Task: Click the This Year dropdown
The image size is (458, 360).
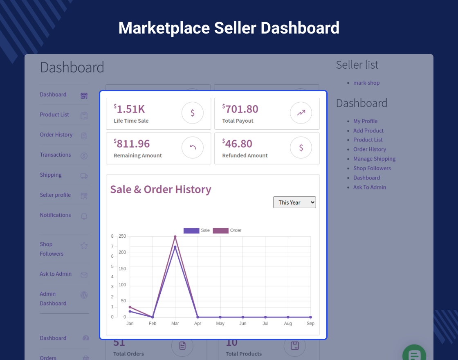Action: tap(294, 202)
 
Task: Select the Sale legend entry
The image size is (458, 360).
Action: tap(197, 230)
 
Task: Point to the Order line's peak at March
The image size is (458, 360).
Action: tap(175, 236)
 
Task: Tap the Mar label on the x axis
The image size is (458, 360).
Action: tap(175, 324)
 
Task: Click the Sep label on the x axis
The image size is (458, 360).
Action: tap(310, 324)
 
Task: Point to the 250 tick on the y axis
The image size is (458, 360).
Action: tap(122, 236)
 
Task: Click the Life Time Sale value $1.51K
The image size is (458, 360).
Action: tap(130, 109)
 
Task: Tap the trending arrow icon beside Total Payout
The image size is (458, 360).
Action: tap(301, 113)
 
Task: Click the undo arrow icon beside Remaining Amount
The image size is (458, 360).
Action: tap(193, 148)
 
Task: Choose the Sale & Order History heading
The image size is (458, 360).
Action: tap(161, 189)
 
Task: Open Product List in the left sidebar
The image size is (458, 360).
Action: tap(54, 115)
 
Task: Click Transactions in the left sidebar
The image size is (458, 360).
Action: tap(55, 155)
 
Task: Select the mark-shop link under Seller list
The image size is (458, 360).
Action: tap(366, 83)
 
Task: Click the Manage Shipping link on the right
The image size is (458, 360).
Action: tap(374, 159)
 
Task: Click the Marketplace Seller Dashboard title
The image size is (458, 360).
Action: tap(229, 28)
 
